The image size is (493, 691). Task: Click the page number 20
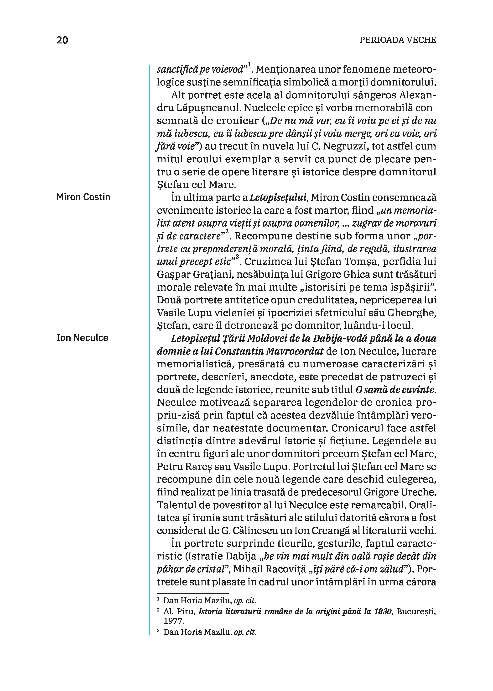click(x=62, y=40)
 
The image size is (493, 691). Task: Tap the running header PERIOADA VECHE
click(x=398, y=40)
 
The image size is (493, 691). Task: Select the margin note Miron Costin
click(x=83, y=197)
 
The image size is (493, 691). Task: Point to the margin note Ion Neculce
click(x=82, y=338)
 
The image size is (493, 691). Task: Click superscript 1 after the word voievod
click(x=249, y=64)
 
